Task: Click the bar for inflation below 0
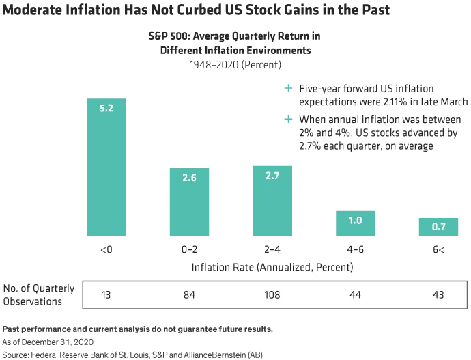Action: pyautogui.click(x=106, y=167)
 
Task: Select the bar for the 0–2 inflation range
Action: pyautogui.click(x=189, y=202)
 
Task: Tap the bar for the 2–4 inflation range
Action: pyautogui.click(x=272, y=201)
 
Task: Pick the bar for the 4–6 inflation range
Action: pyautogui.click(x=356, y=223)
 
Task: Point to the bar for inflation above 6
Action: pyautogui.click(x=438, y=227)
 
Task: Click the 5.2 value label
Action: pyautogui.click(x=106, y=108)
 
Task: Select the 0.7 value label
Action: pyautogui.click(x=438, y=227)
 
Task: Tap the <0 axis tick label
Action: pyautogui.click(x=106, y=249)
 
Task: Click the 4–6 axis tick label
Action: pyautogui.click(x=356, y=249)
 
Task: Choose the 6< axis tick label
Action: pyautogui.click(x=438, y=249)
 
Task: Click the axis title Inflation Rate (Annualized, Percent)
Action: pyautogui.click(x=272, y=267)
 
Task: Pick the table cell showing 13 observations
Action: pyautogui.click(x=106, y=295)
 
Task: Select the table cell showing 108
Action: pyautogui.click(x=272, y=295)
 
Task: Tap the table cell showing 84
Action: pyautogui.click(x=189, y=295)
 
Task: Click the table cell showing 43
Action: pyautogui.click(x=438, y=295)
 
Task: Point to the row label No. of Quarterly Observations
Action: pyautogui.click(x=39, y=295)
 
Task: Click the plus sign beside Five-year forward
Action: pyautogui.click(x=288, y=88)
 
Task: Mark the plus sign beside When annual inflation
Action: pyautogui.click(x=288, y=120)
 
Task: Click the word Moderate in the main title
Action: pyautogui.click(x=32, y=10)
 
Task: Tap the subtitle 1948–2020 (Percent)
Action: pyautogui.click(x=235, y=65)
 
